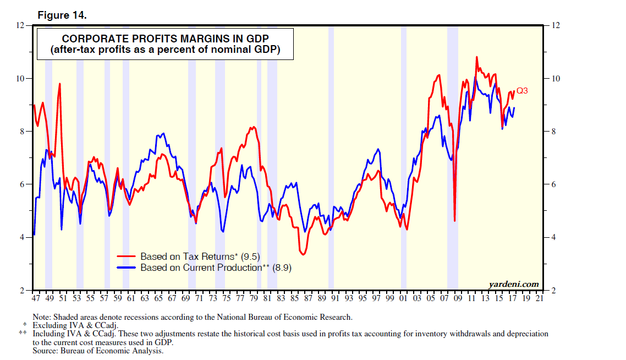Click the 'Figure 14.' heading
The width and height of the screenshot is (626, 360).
pyautogui.click(x=62, y=15)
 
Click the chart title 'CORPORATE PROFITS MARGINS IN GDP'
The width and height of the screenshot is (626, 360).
pyautogui.click(x=165, y=39)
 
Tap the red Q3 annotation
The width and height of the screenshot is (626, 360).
pyautogui.click(x=522, y=91)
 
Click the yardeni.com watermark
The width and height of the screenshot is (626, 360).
pyautogui.click(x=513, y=284)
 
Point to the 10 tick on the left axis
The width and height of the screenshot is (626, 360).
pyautogui.click(x=21, y=78)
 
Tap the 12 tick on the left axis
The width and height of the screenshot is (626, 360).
pyautogui.click(x=21, y=25)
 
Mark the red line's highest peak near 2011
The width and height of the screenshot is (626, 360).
pyautogui.click(x=476, y=57)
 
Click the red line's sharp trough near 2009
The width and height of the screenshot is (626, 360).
pyautogui.click(x=454, y=221)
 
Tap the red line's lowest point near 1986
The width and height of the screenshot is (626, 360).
pyautogui.click(x=303, y=254)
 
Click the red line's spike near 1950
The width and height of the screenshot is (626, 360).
pyautogui.click(x=59, y=84)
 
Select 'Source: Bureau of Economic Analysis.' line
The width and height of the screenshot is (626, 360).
pyautogui.click(x=98, y=350)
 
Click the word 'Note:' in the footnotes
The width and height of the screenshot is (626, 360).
pyautogui.click(x=42, y=317)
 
